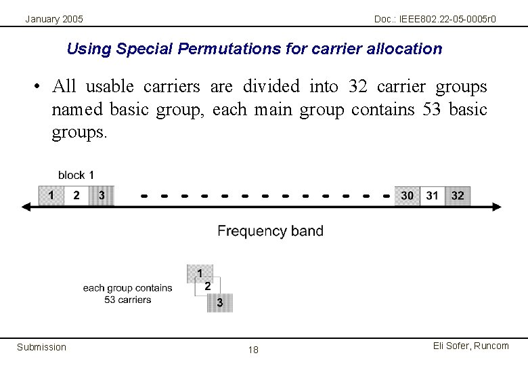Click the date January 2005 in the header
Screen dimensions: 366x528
[x=54, y=19]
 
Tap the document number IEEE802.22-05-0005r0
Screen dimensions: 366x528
[x=435, y=19]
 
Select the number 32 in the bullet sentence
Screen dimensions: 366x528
[x=357, y=86]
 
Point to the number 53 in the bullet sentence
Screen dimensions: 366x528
[x=432, y=109]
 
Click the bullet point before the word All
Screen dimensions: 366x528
[x=37, y=87]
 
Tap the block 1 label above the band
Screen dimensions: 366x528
[x=76, y=175]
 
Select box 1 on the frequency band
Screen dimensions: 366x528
[x=51, y=195]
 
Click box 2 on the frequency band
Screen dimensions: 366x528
[x=76, y=195]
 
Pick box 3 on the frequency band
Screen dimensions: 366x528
[x=102, y=195]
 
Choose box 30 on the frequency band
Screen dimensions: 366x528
[x=407, y=195]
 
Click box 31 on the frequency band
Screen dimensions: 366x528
[x=433, y=195]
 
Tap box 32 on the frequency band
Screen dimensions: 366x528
[x=458, y=195]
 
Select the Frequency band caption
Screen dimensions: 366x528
[x=270, y=231]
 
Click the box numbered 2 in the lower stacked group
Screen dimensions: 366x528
[x=208, y=287]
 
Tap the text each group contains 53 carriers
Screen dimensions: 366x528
[x=128, y=293]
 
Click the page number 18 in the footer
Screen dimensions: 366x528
[x=253, y=350]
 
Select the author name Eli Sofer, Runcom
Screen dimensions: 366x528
[x=470, y=346]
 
